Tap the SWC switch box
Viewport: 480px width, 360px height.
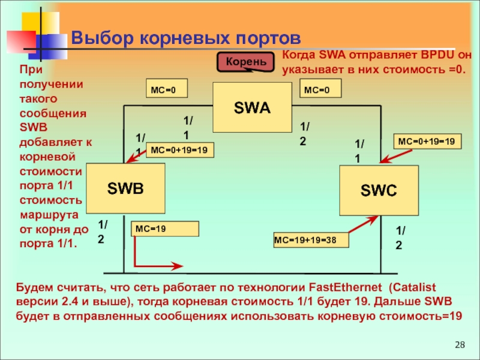tap(379, 191)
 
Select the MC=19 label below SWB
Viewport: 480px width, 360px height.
tap(165, 229)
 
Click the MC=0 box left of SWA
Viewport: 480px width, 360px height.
tap(167, 90)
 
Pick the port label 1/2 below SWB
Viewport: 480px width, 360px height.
tap(103, 232)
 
